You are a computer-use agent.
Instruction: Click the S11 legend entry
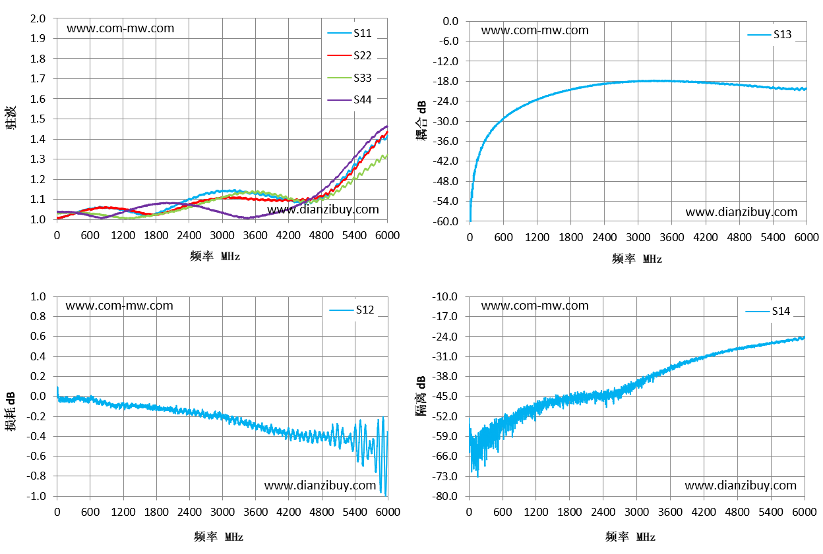[350, 33]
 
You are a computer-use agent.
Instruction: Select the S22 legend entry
[350, 55]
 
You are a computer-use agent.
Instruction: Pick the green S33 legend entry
[350, 78]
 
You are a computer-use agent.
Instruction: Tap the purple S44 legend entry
[350, 99]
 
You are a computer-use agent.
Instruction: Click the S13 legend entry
[770, 34]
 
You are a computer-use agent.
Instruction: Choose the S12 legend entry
[351, 310]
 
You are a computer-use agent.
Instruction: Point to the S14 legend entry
[768, 312]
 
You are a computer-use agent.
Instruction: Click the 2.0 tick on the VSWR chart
[38, 18]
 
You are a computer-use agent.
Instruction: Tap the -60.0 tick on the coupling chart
[445, 221]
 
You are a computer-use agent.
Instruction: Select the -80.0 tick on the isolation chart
[444, 496]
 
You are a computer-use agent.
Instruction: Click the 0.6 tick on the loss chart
[38, 337]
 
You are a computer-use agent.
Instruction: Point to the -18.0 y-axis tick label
[445, 81]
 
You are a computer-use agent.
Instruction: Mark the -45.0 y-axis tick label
[444, 396]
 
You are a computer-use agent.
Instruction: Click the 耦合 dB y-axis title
[421, 121]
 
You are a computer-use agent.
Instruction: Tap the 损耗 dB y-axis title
[11, 411]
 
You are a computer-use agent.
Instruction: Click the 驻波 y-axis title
[11, 117]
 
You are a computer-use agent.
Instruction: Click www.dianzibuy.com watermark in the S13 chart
[741, 212]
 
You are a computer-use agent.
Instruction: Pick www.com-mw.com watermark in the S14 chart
[535, 306]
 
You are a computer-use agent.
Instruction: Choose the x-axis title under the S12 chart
[219, 537]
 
